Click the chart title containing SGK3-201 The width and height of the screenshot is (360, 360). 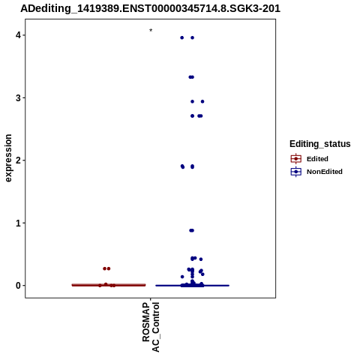tap(150, 8)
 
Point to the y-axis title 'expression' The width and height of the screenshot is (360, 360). tap(8, 158)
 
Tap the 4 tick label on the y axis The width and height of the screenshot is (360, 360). tap(18, 35)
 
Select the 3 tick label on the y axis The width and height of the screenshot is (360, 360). tap(18, 98)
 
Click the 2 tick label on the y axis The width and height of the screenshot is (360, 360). tap(18, 160)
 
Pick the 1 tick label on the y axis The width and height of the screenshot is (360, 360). tap(18, 223)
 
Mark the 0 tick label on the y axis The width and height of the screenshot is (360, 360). tap(18, 286)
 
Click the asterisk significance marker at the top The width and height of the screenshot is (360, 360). tap(151, 31)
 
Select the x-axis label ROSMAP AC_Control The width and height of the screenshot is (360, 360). tap(151, 327)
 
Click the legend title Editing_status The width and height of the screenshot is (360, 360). tap(320, 144)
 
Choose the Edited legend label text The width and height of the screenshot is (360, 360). tap(317, 159)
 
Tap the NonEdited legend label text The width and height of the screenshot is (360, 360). tap(325, 172)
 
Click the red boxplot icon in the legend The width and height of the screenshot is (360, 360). tap(296, 159)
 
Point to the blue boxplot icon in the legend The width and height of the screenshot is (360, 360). tap(296, 172)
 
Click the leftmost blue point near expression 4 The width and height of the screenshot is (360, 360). tap(182, 37)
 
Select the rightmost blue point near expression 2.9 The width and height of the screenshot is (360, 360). tap(202, 101)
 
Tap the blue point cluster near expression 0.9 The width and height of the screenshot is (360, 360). tap(191, 230)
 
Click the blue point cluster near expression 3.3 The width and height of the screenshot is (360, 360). tap(191, 77)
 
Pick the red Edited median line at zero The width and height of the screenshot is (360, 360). tap(109, 285)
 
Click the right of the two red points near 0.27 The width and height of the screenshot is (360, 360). tap(109, 268)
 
